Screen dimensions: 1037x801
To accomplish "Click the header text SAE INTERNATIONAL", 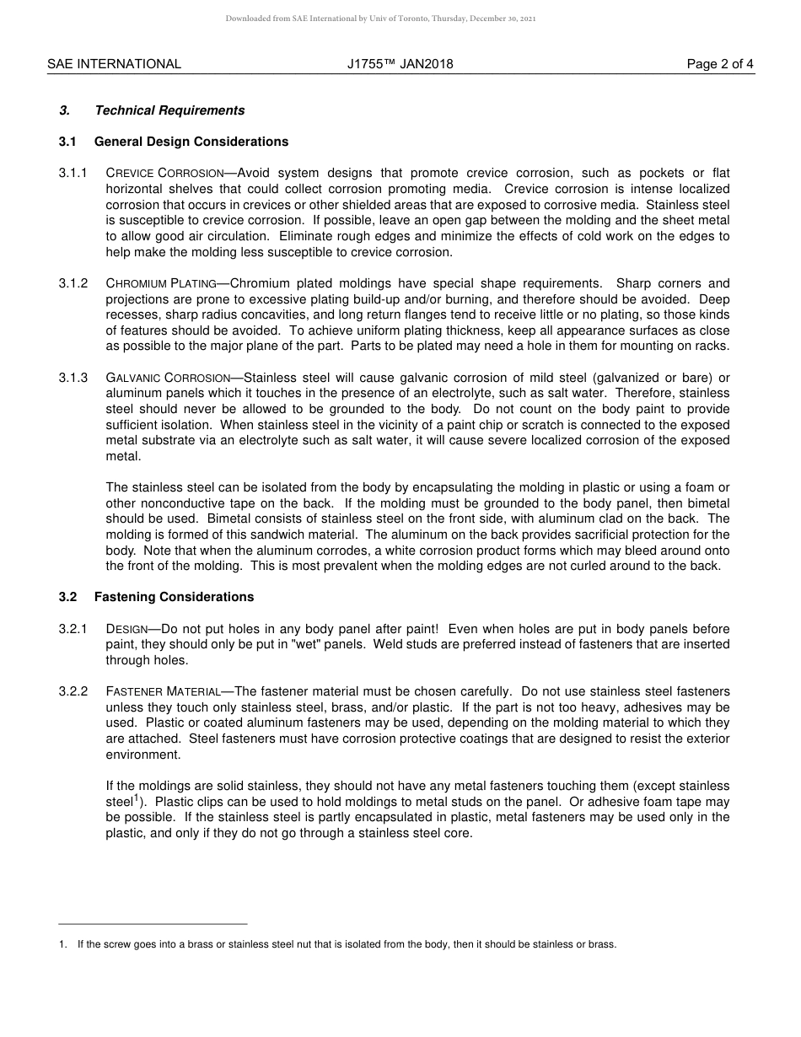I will click(114, 63).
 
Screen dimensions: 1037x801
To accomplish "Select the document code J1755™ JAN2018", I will click(400, 63).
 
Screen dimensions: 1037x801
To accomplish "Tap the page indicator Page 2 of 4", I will click(720, 63).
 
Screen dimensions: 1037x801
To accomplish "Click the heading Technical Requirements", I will click(169, 110).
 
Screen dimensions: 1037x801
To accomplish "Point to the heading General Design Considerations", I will click(191, 142).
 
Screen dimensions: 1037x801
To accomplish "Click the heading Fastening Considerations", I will click(174, 597).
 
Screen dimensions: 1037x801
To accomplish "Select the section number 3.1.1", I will click(73, 173).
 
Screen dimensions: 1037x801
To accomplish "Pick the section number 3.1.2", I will click(73, 283).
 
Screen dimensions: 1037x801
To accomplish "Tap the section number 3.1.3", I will click(73, 378).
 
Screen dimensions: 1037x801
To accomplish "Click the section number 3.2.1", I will click(73, 629).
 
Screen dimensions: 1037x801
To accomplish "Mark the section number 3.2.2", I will click(73, 691).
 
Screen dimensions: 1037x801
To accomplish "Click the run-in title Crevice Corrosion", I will click(164, 173).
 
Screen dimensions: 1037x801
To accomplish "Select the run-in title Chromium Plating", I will click(161, 283).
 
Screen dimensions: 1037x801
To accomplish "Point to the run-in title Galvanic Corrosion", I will click(168, 378).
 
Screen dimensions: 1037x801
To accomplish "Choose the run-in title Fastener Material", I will click(164, 691).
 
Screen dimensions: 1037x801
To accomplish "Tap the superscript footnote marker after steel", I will click(137, 797).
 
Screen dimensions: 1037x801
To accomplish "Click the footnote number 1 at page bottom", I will click(62, 944).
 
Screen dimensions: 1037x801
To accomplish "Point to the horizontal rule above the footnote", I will click(153, 924).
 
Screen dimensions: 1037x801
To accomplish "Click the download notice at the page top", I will click(380, 19).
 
